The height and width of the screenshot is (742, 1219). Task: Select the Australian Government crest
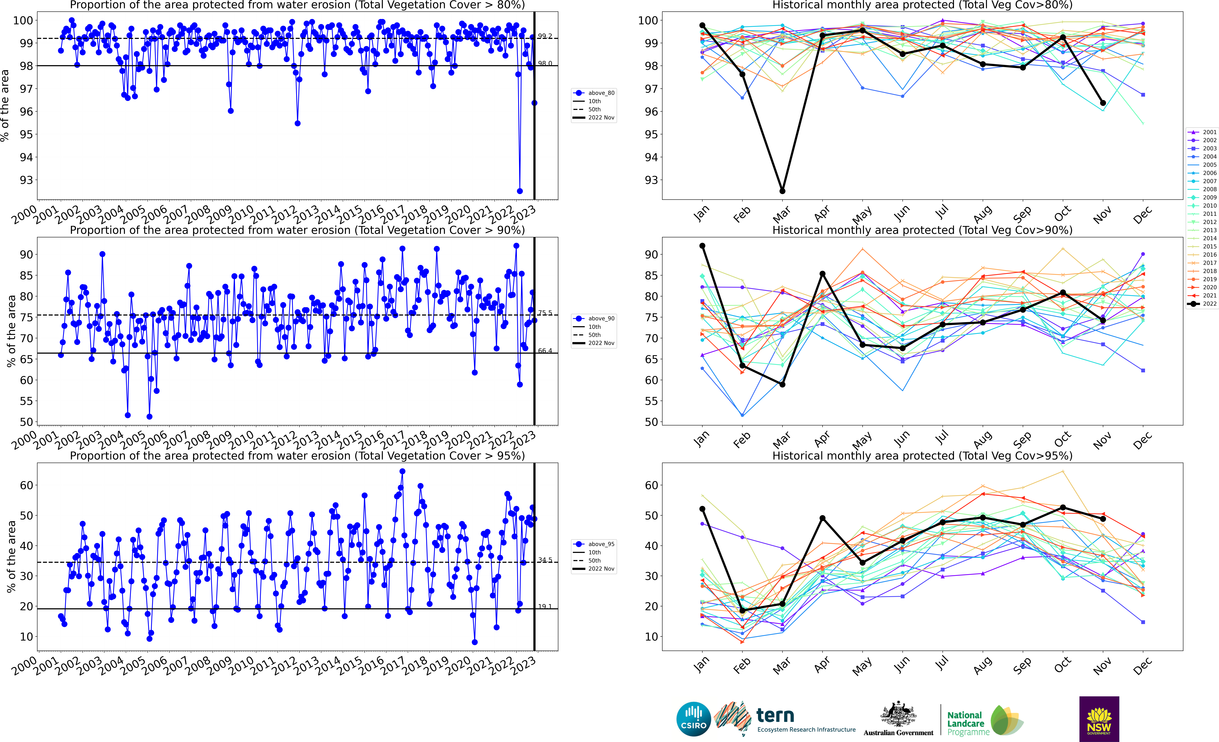[x=898, y=715]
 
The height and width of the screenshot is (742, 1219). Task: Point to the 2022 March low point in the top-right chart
[x=782, y=191]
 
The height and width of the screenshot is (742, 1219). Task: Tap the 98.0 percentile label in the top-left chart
[x=545, y=63]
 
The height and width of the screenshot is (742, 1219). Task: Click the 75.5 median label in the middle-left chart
[x=545, y=313]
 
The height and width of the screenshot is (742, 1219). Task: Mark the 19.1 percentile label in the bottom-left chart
[x=545, y=606]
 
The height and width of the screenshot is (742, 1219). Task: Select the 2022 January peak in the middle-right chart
[x=702, y=246]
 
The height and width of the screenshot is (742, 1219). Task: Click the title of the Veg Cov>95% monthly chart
[x=922, y=456]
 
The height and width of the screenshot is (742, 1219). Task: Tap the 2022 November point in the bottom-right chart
[x=1103, y=519]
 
